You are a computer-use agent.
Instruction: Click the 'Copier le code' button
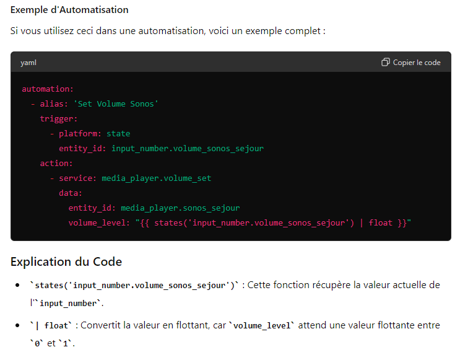(x=411, y=63)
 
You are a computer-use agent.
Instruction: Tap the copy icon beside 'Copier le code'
(x=386, y=62)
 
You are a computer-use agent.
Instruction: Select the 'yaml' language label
(x=28, y=63)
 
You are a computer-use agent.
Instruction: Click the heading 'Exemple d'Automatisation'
(x=69, y=10)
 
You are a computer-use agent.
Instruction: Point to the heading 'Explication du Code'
(x=66, y=261)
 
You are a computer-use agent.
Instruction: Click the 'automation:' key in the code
(x=48, y=89)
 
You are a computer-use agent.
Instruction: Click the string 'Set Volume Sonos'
(x=116, y=104)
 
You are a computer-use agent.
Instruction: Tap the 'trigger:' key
(x=59, y=119)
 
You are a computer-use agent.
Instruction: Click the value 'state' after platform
(x=118, y=134)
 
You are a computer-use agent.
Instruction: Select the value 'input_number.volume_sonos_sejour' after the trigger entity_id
(x=188, y=149)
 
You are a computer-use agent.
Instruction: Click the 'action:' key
(x=56, y=164)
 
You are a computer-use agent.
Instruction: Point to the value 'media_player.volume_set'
(x=156, y=178)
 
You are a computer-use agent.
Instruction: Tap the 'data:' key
(x=71, y=193)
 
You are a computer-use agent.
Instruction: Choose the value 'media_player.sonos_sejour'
(x=180, y=208)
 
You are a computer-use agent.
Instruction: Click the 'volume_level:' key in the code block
(x=99, y=223)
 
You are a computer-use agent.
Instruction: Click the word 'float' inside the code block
(x=380, y=223)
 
